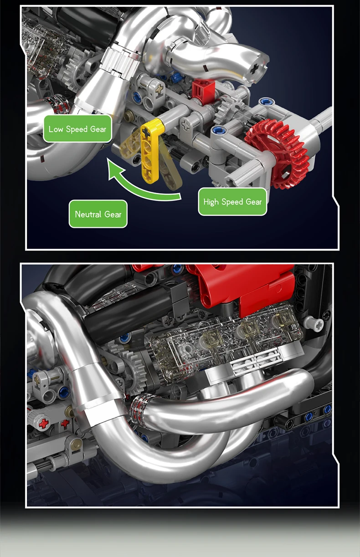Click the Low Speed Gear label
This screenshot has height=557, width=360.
[x=77, y=128]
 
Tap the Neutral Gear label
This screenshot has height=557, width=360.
[x=98, y=214]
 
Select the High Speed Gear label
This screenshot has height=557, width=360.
[x=232, y=202]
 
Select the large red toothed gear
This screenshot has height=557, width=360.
[x=277, y=153]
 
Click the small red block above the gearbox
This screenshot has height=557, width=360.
[x=203, y=91]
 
